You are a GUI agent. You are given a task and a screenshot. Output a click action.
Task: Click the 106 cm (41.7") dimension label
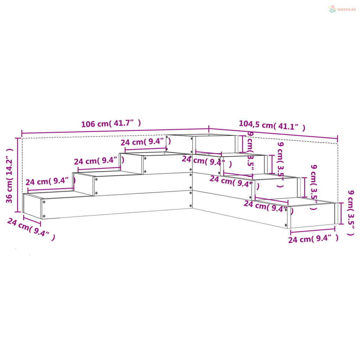[x=111, y=123]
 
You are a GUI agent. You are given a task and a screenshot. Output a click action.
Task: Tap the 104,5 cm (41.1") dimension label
[x=272, y=126]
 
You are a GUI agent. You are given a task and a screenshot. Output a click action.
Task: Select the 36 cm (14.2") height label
[x=9, y=176]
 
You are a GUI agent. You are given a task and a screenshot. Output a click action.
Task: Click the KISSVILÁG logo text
[x=347, y=9]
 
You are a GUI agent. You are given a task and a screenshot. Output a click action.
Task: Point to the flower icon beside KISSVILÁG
[x=332, y=9]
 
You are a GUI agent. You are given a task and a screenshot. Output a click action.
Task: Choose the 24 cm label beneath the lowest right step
[x=313, y=239]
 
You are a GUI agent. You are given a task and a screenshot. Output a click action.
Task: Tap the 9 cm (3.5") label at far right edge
[x=351, y=213]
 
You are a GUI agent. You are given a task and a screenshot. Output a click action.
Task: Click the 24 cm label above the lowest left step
[x=51, y=181]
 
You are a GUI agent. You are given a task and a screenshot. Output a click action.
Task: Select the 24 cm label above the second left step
[x=99, y=161]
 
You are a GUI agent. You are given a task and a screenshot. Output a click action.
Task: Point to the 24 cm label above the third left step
[x=146, y=142]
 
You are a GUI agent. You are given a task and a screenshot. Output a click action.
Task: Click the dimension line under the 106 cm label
[x=115, y=131]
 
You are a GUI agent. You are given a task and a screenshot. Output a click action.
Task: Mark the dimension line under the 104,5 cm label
[x=273, y=134]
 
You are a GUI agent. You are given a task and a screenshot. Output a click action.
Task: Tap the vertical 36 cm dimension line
[x=18, y=175]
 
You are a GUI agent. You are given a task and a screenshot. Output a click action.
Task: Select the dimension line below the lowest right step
[x=313, y=231]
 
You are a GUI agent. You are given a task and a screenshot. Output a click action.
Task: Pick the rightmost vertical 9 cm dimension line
[x=341, y=213]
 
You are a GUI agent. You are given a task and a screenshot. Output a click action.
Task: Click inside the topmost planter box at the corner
[x=215, y=144]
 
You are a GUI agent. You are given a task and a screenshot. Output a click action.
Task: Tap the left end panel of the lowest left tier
[x=32, y=206]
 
